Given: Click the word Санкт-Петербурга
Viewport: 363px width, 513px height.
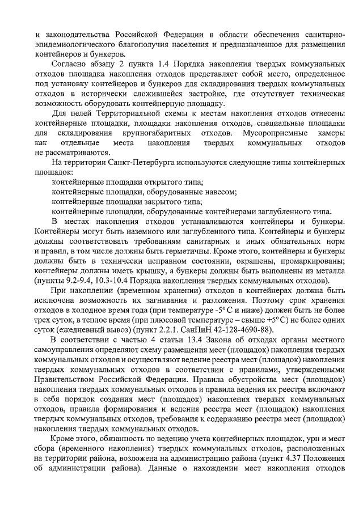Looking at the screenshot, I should click(125, 163).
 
